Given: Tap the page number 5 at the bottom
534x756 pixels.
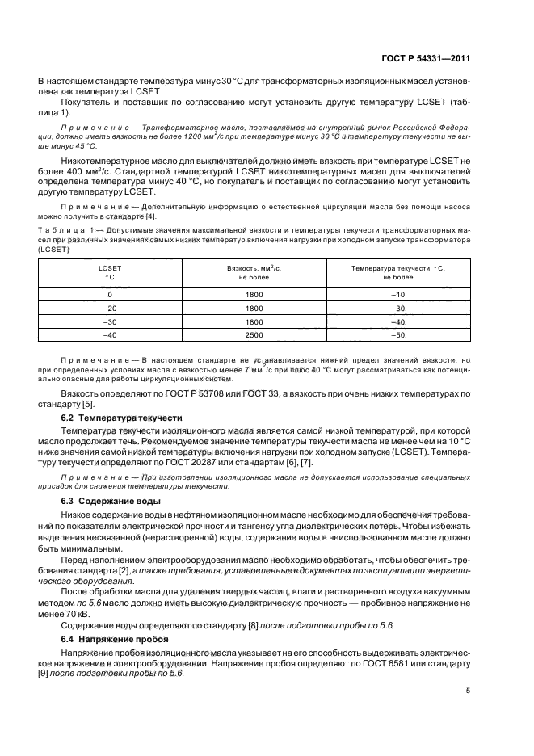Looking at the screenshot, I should pyautogui.click(x=468, y=690).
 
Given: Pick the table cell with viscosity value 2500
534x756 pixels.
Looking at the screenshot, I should pyautogui.click(x=254, y=334).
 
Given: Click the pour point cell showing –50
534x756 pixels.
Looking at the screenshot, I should pyautogui.click(x=397, y=334).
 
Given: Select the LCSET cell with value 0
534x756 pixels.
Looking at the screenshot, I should pyautogui.click(x=109, y=295).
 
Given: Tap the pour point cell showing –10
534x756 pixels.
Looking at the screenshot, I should pyautogui.click(x=397, y=295).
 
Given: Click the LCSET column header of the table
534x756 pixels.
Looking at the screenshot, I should pyautogui.click(x=109, y=271).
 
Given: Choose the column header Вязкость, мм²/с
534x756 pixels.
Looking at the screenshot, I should pyautogui.click(x=254, y=271).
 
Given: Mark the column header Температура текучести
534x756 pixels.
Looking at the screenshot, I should pyautogui.click(x=397, y=271).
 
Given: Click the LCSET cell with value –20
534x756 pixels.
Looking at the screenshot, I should pyautogui.click(x=109, y=308).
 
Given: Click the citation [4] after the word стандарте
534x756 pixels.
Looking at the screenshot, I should pyautogui.click(x=151, y=216).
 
